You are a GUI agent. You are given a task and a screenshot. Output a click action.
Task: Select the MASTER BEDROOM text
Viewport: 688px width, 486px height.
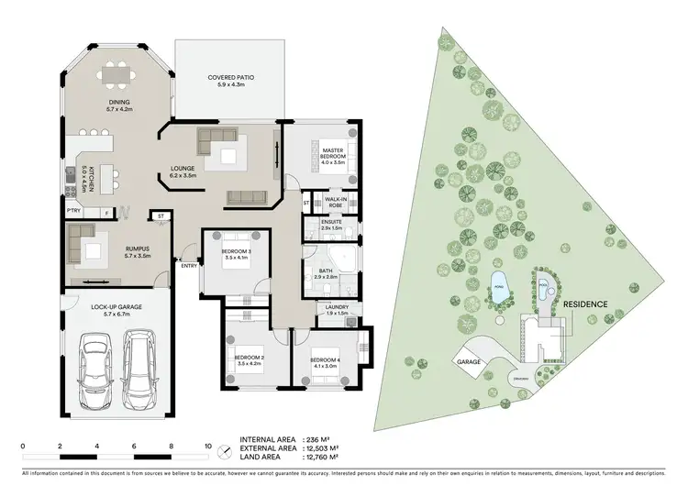pos(332,152)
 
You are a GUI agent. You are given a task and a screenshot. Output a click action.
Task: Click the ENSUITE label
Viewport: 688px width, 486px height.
pos(332,222)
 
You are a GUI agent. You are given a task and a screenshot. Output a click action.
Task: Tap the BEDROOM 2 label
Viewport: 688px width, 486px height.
pos(249,358)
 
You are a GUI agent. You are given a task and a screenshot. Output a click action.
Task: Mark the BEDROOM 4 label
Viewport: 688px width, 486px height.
pos(325,359)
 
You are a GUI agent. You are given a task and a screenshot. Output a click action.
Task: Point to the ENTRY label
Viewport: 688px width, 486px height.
pos(189,266)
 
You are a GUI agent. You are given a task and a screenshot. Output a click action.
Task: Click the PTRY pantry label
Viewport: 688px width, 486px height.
pos(73,211)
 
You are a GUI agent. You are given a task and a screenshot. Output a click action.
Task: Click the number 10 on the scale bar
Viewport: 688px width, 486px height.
pos(208,445)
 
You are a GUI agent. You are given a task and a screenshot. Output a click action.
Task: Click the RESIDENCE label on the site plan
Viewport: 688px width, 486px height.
pos(587,303)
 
